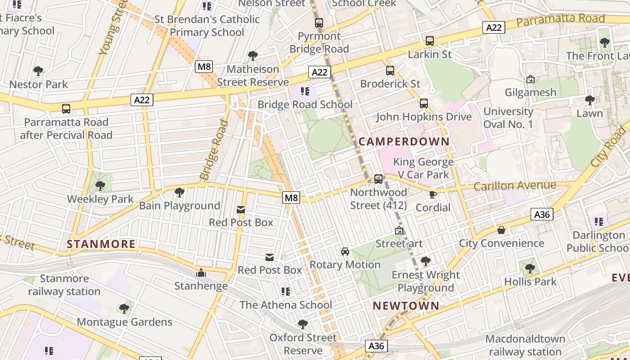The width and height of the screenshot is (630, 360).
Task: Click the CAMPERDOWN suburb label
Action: point(404,142)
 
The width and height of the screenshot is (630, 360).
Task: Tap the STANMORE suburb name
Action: point(101,244)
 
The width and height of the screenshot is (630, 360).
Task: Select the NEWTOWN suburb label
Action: point(406,306)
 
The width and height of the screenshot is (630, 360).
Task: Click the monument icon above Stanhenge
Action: point(201,273)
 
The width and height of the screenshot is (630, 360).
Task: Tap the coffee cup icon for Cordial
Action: point(433,194)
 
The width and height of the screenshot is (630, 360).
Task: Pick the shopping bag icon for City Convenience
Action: point(501,230)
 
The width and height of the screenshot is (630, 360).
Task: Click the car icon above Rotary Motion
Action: point(345,251)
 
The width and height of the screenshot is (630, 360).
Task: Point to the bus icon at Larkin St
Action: point(430,41)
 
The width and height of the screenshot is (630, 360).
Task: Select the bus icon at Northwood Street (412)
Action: point(378,179)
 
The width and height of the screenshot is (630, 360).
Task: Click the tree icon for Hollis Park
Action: point(530,269)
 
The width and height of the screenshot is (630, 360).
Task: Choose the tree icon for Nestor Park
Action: point(38,71)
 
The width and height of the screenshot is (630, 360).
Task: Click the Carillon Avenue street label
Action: point(515,185)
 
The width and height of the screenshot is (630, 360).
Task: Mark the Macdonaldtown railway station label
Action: point(525,345)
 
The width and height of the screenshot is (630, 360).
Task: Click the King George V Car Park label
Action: point(423,168)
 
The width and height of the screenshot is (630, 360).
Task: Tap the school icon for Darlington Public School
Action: point(599,221)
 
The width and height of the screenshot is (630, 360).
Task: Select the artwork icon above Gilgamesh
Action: point(531,79)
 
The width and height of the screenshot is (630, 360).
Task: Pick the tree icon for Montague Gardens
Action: point(124,309)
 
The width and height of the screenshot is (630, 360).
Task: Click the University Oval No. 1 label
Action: point(508,117)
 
